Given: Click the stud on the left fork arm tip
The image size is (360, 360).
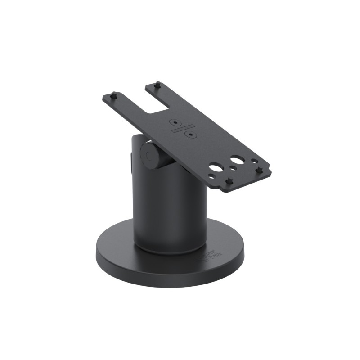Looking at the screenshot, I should (x=114, y=95).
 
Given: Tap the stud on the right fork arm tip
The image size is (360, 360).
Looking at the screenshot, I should (x=157, y=84).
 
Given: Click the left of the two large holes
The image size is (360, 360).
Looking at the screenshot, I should (x=215, y=168).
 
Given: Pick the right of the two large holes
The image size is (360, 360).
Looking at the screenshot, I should (x=237, y=160).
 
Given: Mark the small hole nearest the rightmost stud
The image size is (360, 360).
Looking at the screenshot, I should (x=254, y=161).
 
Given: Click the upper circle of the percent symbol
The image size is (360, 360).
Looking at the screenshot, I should (x=174, y=121).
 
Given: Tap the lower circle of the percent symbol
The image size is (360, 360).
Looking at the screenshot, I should (x=191, y=134).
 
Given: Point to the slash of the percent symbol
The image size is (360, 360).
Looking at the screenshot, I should (x=182, y=127).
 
